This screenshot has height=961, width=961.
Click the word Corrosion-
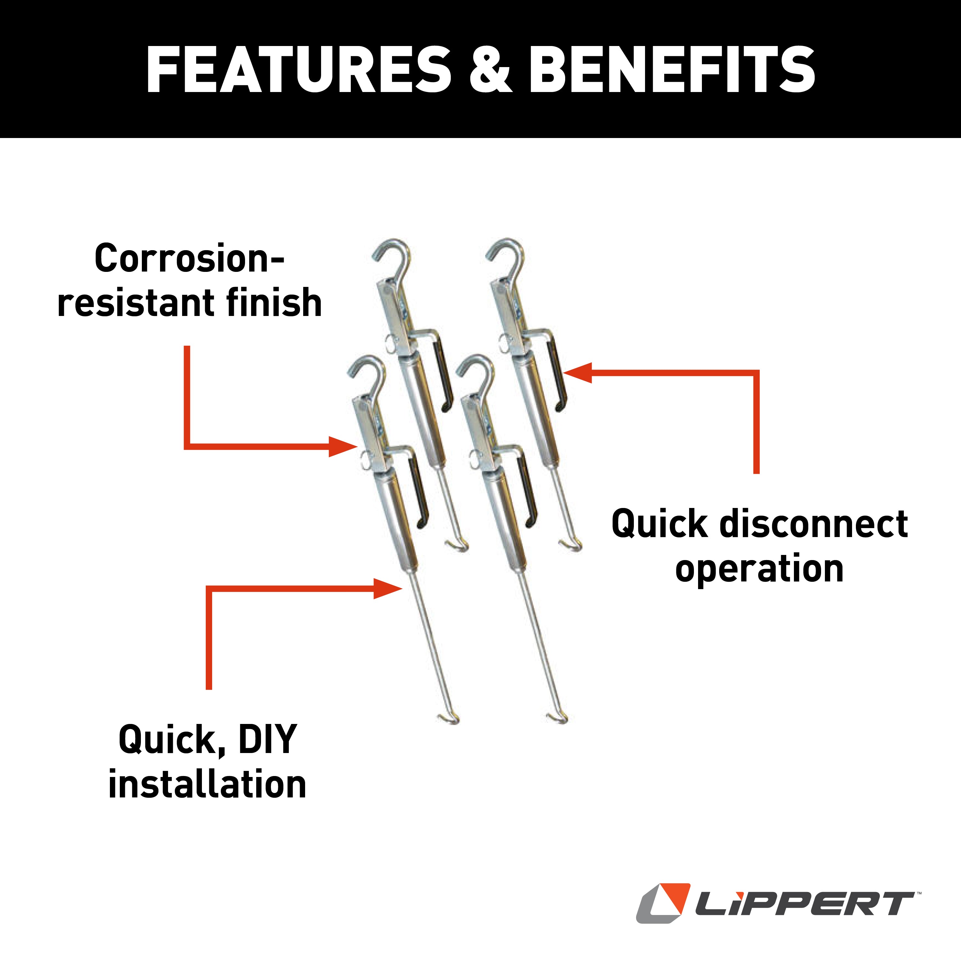(189, 259)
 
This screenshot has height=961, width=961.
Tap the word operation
(759, 569)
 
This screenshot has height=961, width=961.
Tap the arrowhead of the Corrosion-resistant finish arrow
(343, 446)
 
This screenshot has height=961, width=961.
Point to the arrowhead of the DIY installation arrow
(388, 588)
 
